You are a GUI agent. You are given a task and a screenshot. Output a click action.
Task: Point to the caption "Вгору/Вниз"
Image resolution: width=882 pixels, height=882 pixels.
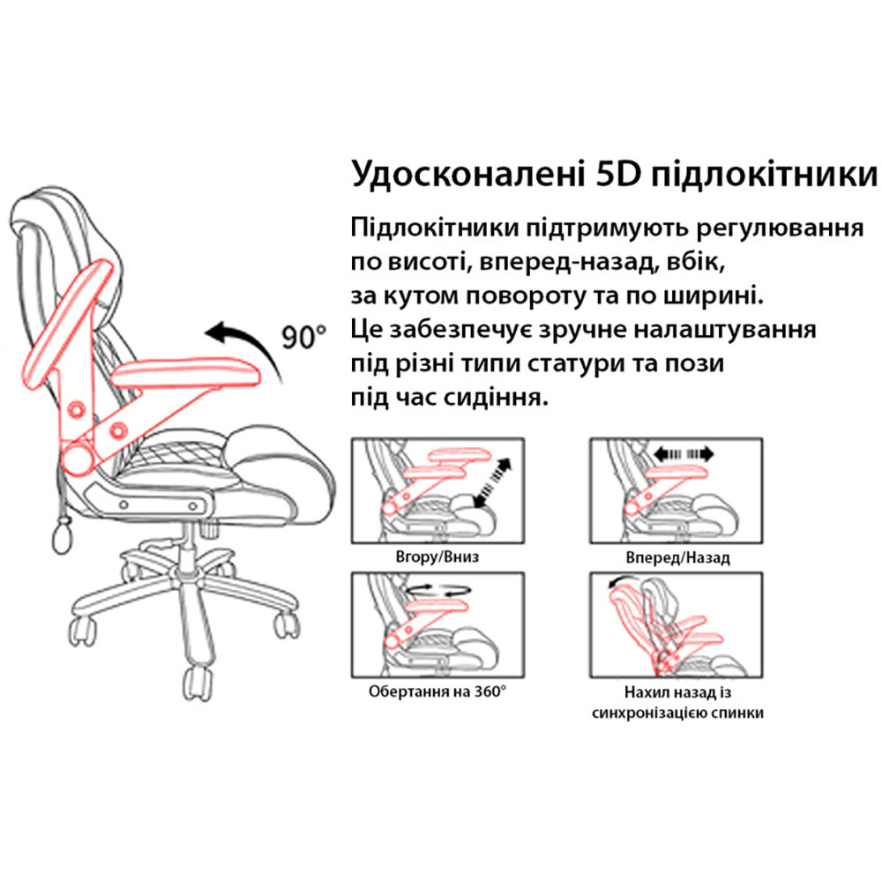[437, 557]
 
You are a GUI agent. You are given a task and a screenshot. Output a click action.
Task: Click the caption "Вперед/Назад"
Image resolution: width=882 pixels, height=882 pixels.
[677, 557]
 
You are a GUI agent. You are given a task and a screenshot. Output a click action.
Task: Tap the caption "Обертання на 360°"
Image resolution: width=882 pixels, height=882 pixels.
[437, 691]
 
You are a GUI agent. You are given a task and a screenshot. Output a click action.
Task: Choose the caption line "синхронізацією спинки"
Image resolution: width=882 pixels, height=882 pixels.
[677, 713]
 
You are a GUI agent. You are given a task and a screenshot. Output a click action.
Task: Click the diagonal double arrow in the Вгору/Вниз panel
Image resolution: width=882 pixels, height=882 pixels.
[493, 482]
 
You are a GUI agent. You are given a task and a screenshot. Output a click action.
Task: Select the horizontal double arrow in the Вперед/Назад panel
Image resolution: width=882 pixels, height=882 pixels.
[684, 453]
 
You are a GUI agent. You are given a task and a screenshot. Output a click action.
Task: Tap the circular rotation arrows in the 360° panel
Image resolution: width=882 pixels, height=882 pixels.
[438, 589]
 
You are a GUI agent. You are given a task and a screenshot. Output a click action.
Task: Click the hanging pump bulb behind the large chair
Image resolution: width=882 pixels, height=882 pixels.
[64, 536]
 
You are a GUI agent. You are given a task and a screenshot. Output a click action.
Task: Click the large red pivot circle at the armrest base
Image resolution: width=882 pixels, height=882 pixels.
[76, 457]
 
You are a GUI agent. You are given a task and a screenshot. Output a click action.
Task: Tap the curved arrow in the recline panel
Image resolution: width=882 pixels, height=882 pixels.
[625, 581]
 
